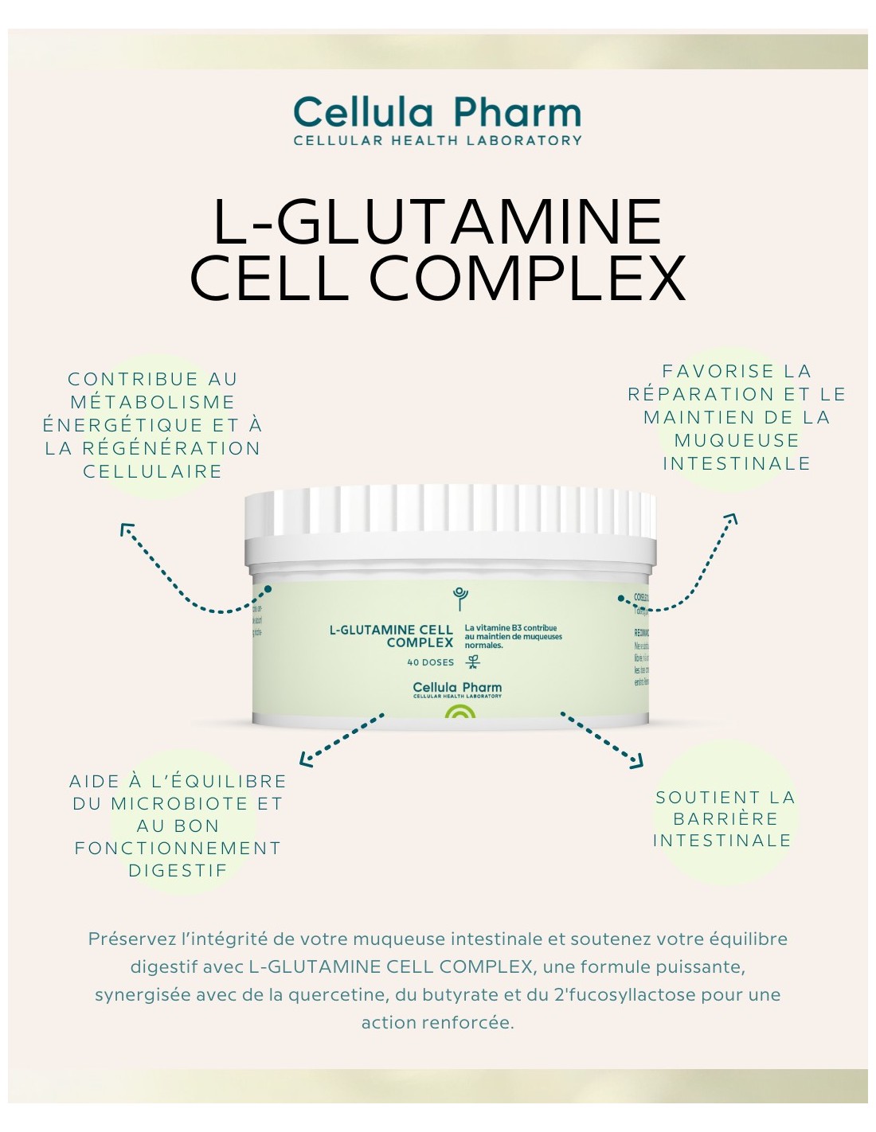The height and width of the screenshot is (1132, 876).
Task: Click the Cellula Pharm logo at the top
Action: click(436, 113)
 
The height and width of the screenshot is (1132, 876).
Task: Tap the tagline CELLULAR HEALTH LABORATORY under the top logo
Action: click(437, 141)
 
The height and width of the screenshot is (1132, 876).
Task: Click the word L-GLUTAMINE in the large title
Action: click(437, 222)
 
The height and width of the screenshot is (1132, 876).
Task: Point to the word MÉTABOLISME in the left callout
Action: click(152, 402)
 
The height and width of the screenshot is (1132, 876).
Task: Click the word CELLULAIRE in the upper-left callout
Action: click(152, 471)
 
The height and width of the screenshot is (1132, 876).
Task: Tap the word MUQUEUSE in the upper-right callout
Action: click(737, 440)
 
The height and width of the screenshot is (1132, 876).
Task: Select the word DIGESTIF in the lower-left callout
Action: click(178, 871)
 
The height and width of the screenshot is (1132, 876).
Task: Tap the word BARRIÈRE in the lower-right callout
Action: click(725, 819)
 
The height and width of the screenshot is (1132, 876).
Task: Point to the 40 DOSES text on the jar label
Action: click(430, 662)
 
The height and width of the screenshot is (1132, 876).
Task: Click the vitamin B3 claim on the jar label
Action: click(513, 637)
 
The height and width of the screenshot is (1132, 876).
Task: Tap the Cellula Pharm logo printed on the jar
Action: click(457, 689)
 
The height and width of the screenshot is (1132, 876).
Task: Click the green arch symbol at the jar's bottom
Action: click(460, 711)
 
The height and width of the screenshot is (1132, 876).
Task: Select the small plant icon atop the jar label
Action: click(460, 597)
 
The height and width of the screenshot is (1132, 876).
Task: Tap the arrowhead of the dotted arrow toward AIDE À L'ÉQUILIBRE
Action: click(305, 760)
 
